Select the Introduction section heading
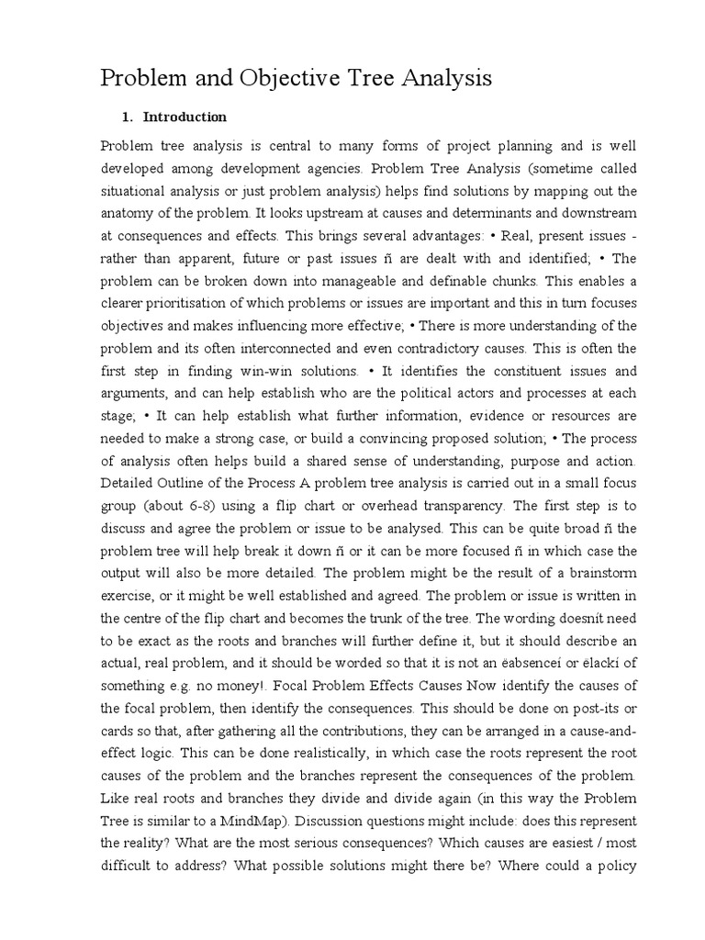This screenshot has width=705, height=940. pyautogui.click(x=185, y=117)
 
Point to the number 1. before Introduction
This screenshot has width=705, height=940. pyautogui.click(x=129, y=117)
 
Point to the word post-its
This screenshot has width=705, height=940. pyautogui.click(x=580, y=707)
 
